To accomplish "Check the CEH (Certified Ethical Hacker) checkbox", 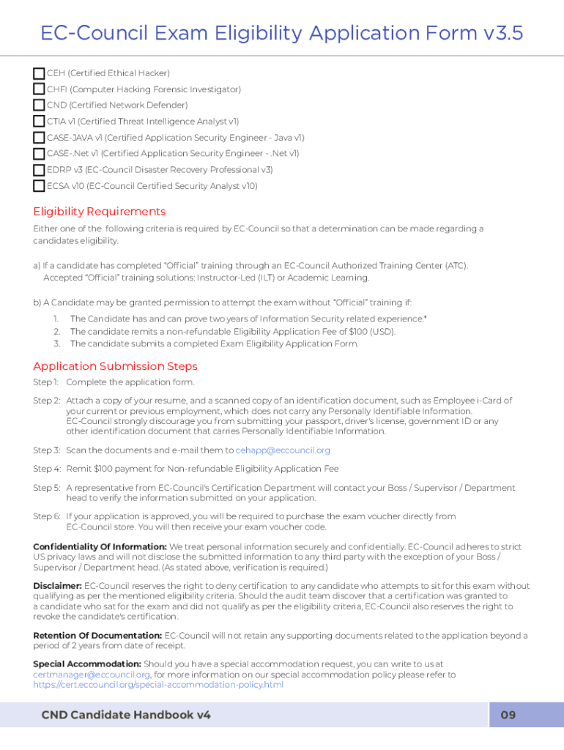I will coord(39,73).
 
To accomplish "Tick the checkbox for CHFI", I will coord(39,89).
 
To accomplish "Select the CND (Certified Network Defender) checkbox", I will coord(39,105).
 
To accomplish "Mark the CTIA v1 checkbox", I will coord(39,122).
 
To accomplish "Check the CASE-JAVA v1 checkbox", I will coord(39,138).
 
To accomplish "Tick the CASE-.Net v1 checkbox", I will coord(39,154).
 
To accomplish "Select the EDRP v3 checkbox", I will coord(39,170).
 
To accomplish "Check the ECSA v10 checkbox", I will coord(39,186).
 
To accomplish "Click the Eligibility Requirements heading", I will coord(100,212).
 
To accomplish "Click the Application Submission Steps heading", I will coord(115,366).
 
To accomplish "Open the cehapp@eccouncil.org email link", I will coord(283,450).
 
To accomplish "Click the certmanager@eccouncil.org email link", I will coord(92,675).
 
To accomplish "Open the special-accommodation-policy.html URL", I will coord(157,685).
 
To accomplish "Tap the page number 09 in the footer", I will coord(508,715).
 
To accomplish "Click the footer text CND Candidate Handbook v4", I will coord(126,715).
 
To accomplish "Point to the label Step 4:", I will coord(47,469).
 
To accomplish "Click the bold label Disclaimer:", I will coord(57,586).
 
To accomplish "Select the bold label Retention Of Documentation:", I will coord(97,636).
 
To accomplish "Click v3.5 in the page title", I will coord(503,34).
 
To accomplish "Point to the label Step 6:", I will coord(47,516).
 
